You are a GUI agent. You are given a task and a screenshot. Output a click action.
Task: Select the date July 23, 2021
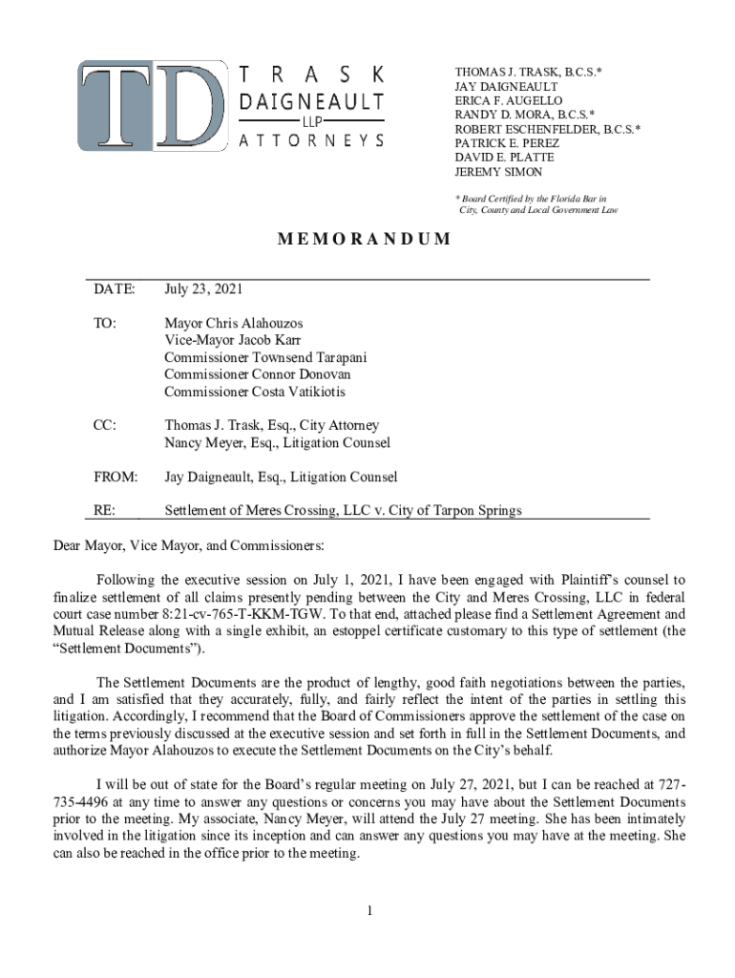coord(203,288)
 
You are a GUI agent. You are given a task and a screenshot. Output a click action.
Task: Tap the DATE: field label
coord(114,288)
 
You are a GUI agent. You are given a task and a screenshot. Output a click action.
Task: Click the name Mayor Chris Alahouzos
coord(234,324)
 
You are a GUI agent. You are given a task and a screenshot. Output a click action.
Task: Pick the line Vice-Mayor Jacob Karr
coord(233,341)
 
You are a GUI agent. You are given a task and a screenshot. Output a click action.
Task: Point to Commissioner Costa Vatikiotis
coord(255,392)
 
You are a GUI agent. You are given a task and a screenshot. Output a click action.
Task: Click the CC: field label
coord(105,426)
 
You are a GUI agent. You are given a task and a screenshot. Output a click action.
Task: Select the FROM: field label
coord(115,477)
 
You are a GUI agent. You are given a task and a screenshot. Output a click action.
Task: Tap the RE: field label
coord(104,511)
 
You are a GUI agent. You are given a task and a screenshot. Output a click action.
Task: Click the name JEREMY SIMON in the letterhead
coord(498,172)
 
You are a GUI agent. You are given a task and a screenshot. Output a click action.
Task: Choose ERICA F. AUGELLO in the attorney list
coord(509,100)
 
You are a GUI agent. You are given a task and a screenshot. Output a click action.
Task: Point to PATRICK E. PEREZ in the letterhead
coord(507,143)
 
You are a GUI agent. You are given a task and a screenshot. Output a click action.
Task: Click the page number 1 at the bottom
coord(368,910)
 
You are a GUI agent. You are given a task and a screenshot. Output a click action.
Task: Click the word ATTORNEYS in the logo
coord(311,140)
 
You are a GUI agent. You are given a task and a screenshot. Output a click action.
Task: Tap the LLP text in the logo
coord(311,121)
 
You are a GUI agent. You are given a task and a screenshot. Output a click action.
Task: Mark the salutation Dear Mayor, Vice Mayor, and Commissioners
coord(188,546)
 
